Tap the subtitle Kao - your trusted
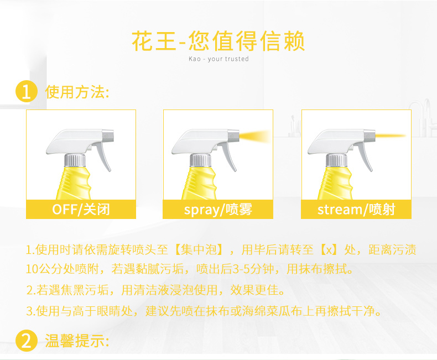pyautogui.click(x=218, y=59)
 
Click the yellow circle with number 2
pyautogui.click(x=26, y=341)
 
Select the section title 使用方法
pyautogui.click(x=77, y=92)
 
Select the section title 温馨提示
pyautogui.click(x=77, y=341)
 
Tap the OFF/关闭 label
pyautogui.click(x=81, y=210)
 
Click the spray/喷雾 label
pyautogui.click(x=218, y=210)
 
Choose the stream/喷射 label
pyautogui.click(x=356, y=210)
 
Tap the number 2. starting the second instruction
pyautogui.click(x=30, y=290)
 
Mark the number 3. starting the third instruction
pyautogui.click(x=30, y=311)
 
